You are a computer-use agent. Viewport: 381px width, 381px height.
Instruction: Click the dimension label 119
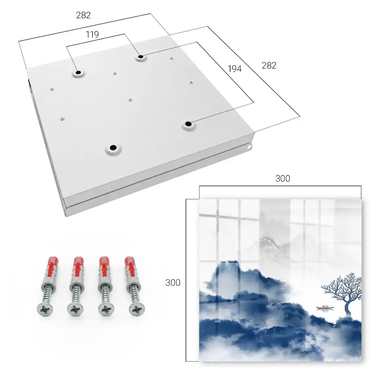tap(92, 35)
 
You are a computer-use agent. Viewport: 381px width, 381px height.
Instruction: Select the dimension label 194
tap(235, 69)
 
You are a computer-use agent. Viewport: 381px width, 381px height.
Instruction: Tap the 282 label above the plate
tap(83, 15)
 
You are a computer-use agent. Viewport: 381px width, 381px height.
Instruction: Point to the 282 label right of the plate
tap(269, 66)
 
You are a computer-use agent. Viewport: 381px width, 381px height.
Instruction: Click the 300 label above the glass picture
tap(283, 179)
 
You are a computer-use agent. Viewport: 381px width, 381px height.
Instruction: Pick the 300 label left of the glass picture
tap(173, 283)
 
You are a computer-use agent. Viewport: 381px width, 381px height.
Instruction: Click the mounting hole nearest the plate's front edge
tap(113, 148)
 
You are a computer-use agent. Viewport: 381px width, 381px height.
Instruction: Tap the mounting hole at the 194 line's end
tap(188, 124)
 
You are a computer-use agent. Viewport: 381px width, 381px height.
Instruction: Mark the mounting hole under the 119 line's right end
tap(141, 57)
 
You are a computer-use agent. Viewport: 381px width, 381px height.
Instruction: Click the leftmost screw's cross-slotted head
tap(45, 309)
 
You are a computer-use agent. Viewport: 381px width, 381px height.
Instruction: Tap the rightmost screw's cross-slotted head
tap(137, 309)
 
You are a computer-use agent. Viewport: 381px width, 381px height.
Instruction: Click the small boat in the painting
tap(325, 307)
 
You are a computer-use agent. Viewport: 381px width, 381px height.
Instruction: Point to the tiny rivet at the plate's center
tap(130, 99)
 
